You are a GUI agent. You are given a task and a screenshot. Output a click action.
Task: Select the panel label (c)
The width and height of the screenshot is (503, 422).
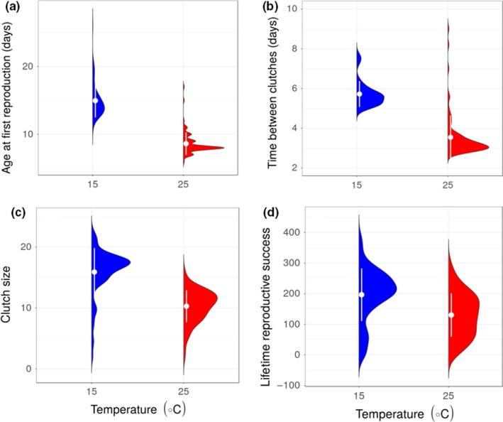(11, 211)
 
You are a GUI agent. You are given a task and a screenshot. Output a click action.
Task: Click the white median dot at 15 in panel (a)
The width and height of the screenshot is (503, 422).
(95, 101)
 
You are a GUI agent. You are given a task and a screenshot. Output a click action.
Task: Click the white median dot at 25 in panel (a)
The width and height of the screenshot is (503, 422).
(186, 144)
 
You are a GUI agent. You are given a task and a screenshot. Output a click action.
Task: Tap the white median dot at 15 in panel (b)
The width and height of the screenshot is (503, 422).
(360, 94)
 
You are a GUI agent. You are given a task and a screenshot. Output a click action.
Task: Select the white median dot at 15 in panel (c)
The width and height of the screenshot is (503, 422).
(94, 272)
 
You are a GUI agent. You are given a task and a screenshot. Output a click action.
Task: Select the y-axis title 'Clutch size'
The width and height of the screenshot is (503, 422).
(9, 298)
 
